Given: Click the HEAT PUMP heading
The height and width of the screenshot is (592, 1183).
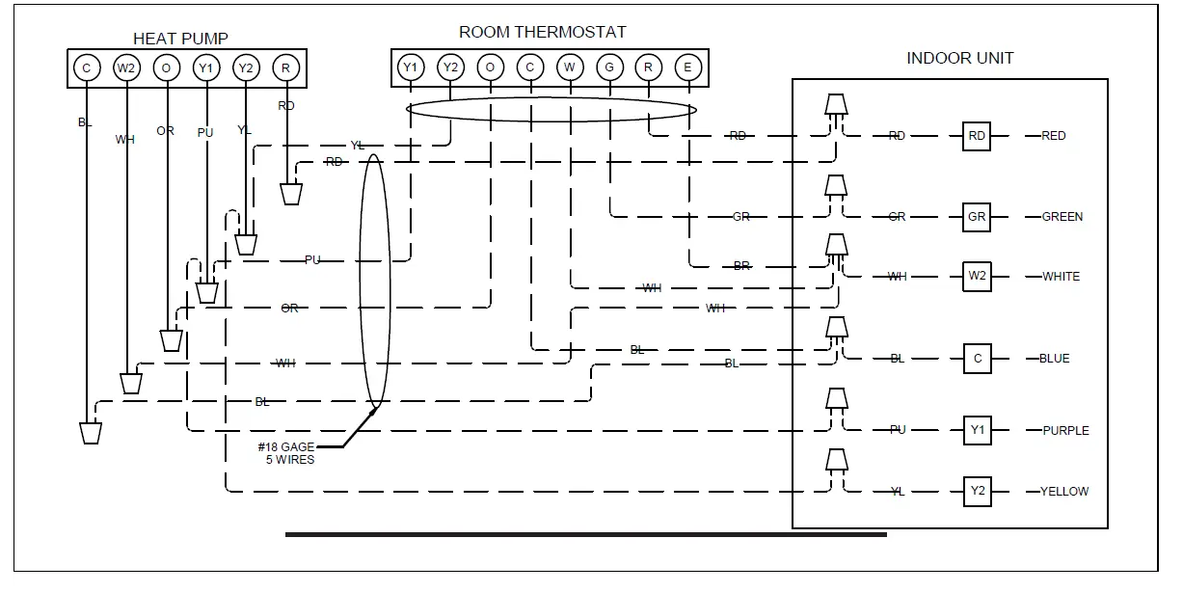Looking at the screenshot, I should pyautogui.click(x=180, y=39).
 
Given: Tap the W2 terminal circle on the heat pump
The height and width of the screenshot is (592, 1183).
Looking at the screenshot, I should pyautogui.click(x=126, y=67).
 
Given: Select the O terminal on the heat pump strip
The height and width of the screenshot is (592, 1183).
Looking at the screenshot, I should pyautogui.click(x=166, y=67).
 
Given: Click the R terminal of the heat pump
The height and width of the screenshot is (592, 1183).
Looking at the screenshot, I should pyautogui.click(x=285, y=67).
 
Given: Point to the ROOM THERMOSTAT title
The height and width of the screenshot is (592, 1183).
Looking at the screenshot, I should pyautogui.click(x=542, y=32).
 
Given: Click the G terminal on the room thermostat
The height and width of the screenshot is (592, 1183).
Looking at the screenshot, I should pyautogui.click(x=609, y=67).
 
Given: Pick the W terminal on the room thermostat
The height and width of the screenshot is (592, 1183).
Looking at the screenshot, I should pyautogui.click(x=570, y=67).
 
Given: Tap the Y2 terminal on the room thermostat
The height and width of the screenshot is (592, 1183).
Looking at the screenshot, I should pyautogui.click(x=450, y=67).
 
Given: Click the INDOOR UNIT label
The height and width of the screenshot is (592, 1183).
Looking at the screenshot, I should pyautogui.click(x=959, y=58).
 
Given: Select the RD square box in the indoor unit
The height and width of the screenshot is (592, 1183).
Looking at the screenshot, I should pyautogui.click(x=977, y=136).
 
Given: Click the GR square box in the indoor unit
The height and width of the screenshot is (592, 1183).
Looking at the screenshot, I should pyautogui.click(x=977, y=217).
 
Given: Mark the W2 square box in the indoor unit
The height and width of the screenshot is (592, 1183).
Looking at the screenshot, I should pyautogui.click(x=977, y=277).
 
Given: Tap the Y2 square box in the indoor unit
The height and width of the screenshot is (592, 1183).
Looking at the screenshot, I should pyautogui.click(x=977, y=491).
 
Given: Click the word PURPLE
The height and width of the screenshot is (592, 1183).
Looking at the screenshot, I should pyautogui.click(x=1065, y=431).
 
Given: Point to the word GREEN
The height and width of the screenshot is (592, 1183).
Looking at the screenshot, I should pyautogui.click(x=1062, y=217).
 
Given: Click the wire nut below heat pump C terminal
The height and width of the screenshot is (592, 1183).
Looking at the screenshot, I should pyautogui.click(x=91, y=432).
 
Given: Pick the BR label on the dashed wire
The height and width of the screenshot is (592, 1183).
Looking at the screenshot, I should pyautogui.click(x=741, y=266).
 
